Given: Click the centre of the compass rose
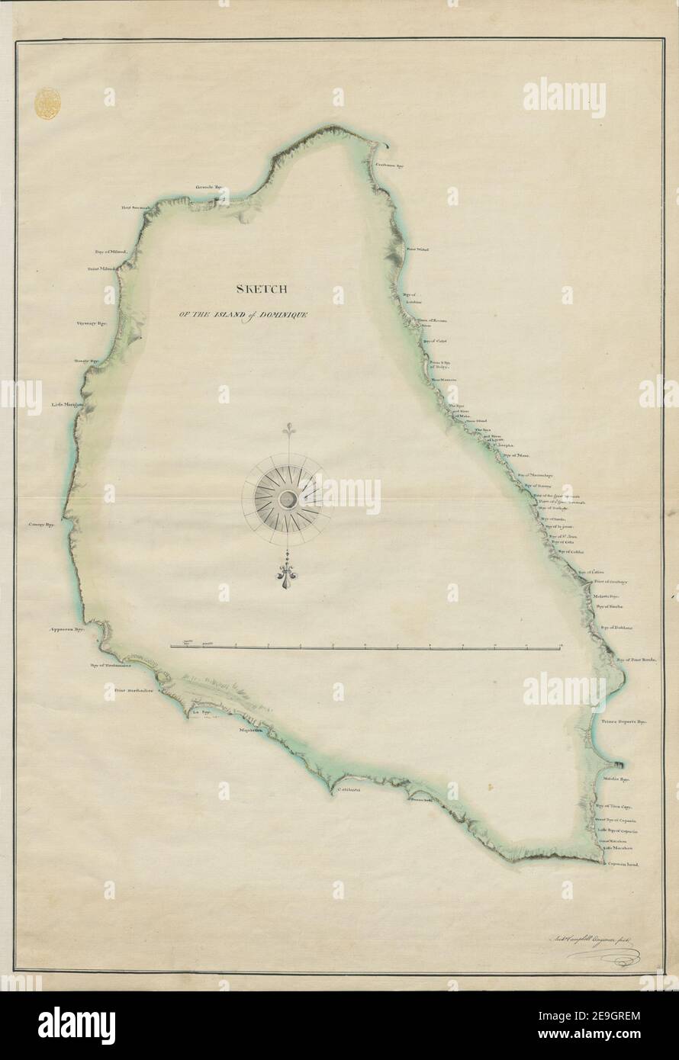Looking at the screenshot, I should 288,500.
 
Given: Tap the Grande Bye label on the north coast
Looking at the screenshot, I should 208,186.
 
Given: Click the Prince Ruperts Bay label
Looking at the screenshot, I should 623,719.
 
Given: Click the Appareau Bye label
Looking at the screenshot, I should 66,630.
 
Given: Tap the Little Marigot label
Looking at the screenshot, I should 67,405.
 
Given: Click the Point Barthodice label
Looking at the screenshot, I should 134,692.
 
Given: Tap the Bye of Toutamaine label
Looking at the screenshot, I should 111,664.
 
